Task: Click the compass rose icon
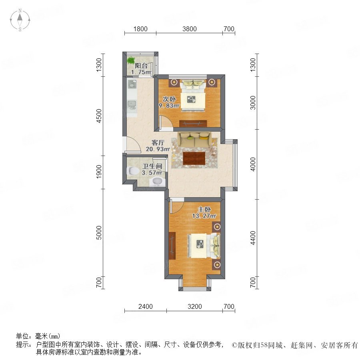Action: point(20,20)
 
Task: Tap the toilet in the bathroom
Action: point(133,170)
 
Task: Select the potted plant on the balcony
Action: point(131,61)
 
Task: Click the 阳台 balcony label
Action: point(141,66)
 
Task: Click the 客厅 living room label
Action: point(158,142)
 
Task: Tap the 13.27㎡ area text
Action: point(204,216)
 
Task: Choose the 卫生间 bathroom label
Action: point(152,166)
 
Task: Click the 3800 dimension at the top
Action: point(190,29)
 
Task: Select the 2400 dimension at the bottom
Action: point(146,306)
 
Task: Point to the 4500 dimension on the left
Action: point(99,116)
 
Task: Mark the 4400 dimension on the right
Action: point(252,238)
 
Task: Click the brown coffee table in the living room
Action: point(194,158)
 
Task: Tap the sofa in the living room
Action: point(194,139)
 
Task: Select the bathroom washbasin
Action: point(158,181)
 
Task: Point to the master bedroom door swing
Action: point(176,206)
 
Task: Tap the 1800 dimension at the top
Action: point(140,29)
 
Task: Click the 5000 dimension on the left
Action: point(99,233)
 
